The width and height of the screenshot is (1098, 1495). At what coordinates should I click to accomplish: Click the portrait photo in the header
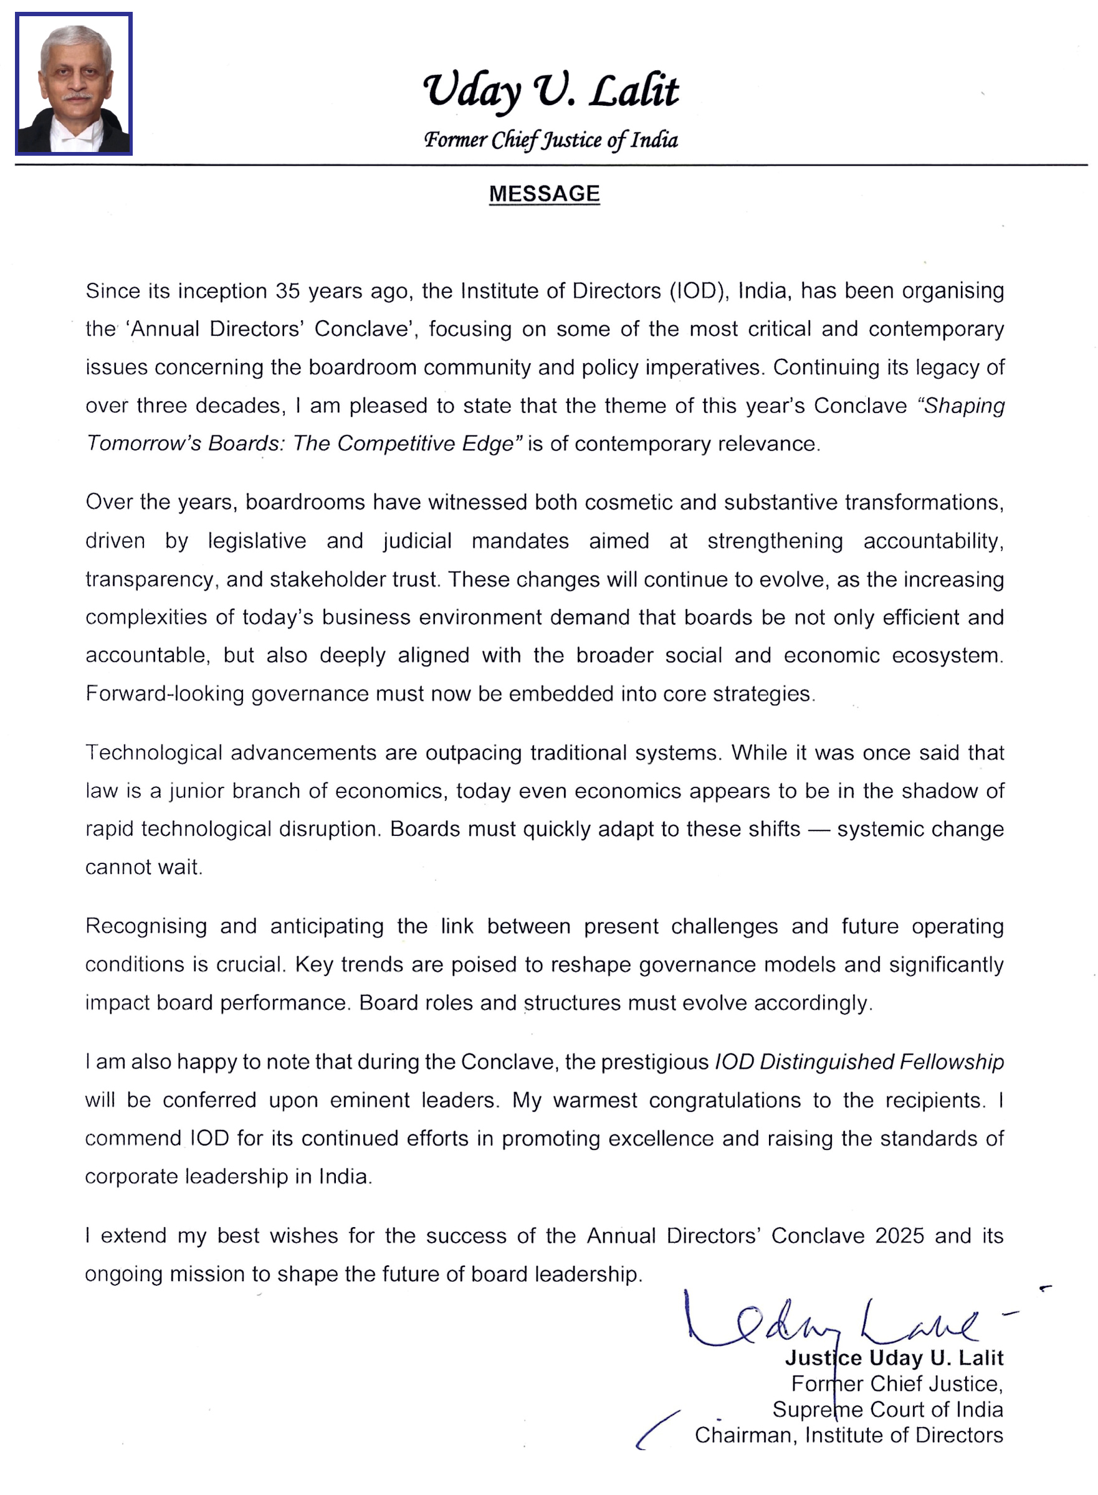pyautogui.click(x=74, y=83)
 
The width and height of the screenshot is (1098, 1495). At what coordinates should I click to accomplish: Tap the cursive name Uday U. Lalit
pyautogui.click(x=550, y=90)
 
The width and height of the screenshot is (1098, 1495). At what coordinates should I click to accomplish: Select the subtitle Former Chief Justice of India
pyautogui.click(x=550, y=140)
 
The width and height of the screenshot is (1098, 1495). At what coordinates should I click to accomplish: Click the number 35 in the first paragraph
pyautogui.click(x=287, y=291)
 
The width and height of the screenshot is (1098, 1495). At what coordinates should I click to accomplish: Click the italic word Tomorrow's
pyautogui.click(x=143, y=443)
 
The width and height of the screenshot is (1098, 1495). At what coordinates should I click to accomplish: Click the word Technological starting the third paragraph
pyautogui.click(x=153, y=753)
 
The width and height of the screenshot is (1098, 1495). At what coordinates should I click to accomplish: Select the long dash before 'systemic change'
pyautogui.click(x=818, y=829)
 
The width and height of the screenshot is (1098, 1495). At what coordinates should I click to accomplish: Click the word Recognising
pyautogui.click(x=146, y=926)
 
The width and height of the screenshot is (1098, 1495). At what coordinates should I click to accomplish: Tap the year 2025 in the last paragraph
pyautogui.click(x=899, y=1236)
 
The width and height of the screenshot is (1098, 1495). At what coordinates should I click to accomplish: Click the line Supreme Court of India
pyautogui.click(x=887, y=1409)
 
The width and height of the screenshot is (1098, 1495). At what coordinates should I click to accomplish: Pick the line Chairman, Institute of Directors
pyautogui.click(x=848, y=1435)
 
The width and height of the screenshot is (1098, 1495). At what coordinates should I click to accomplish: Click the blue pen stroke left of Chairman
pyautogui.click(x=657, y=1430)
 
